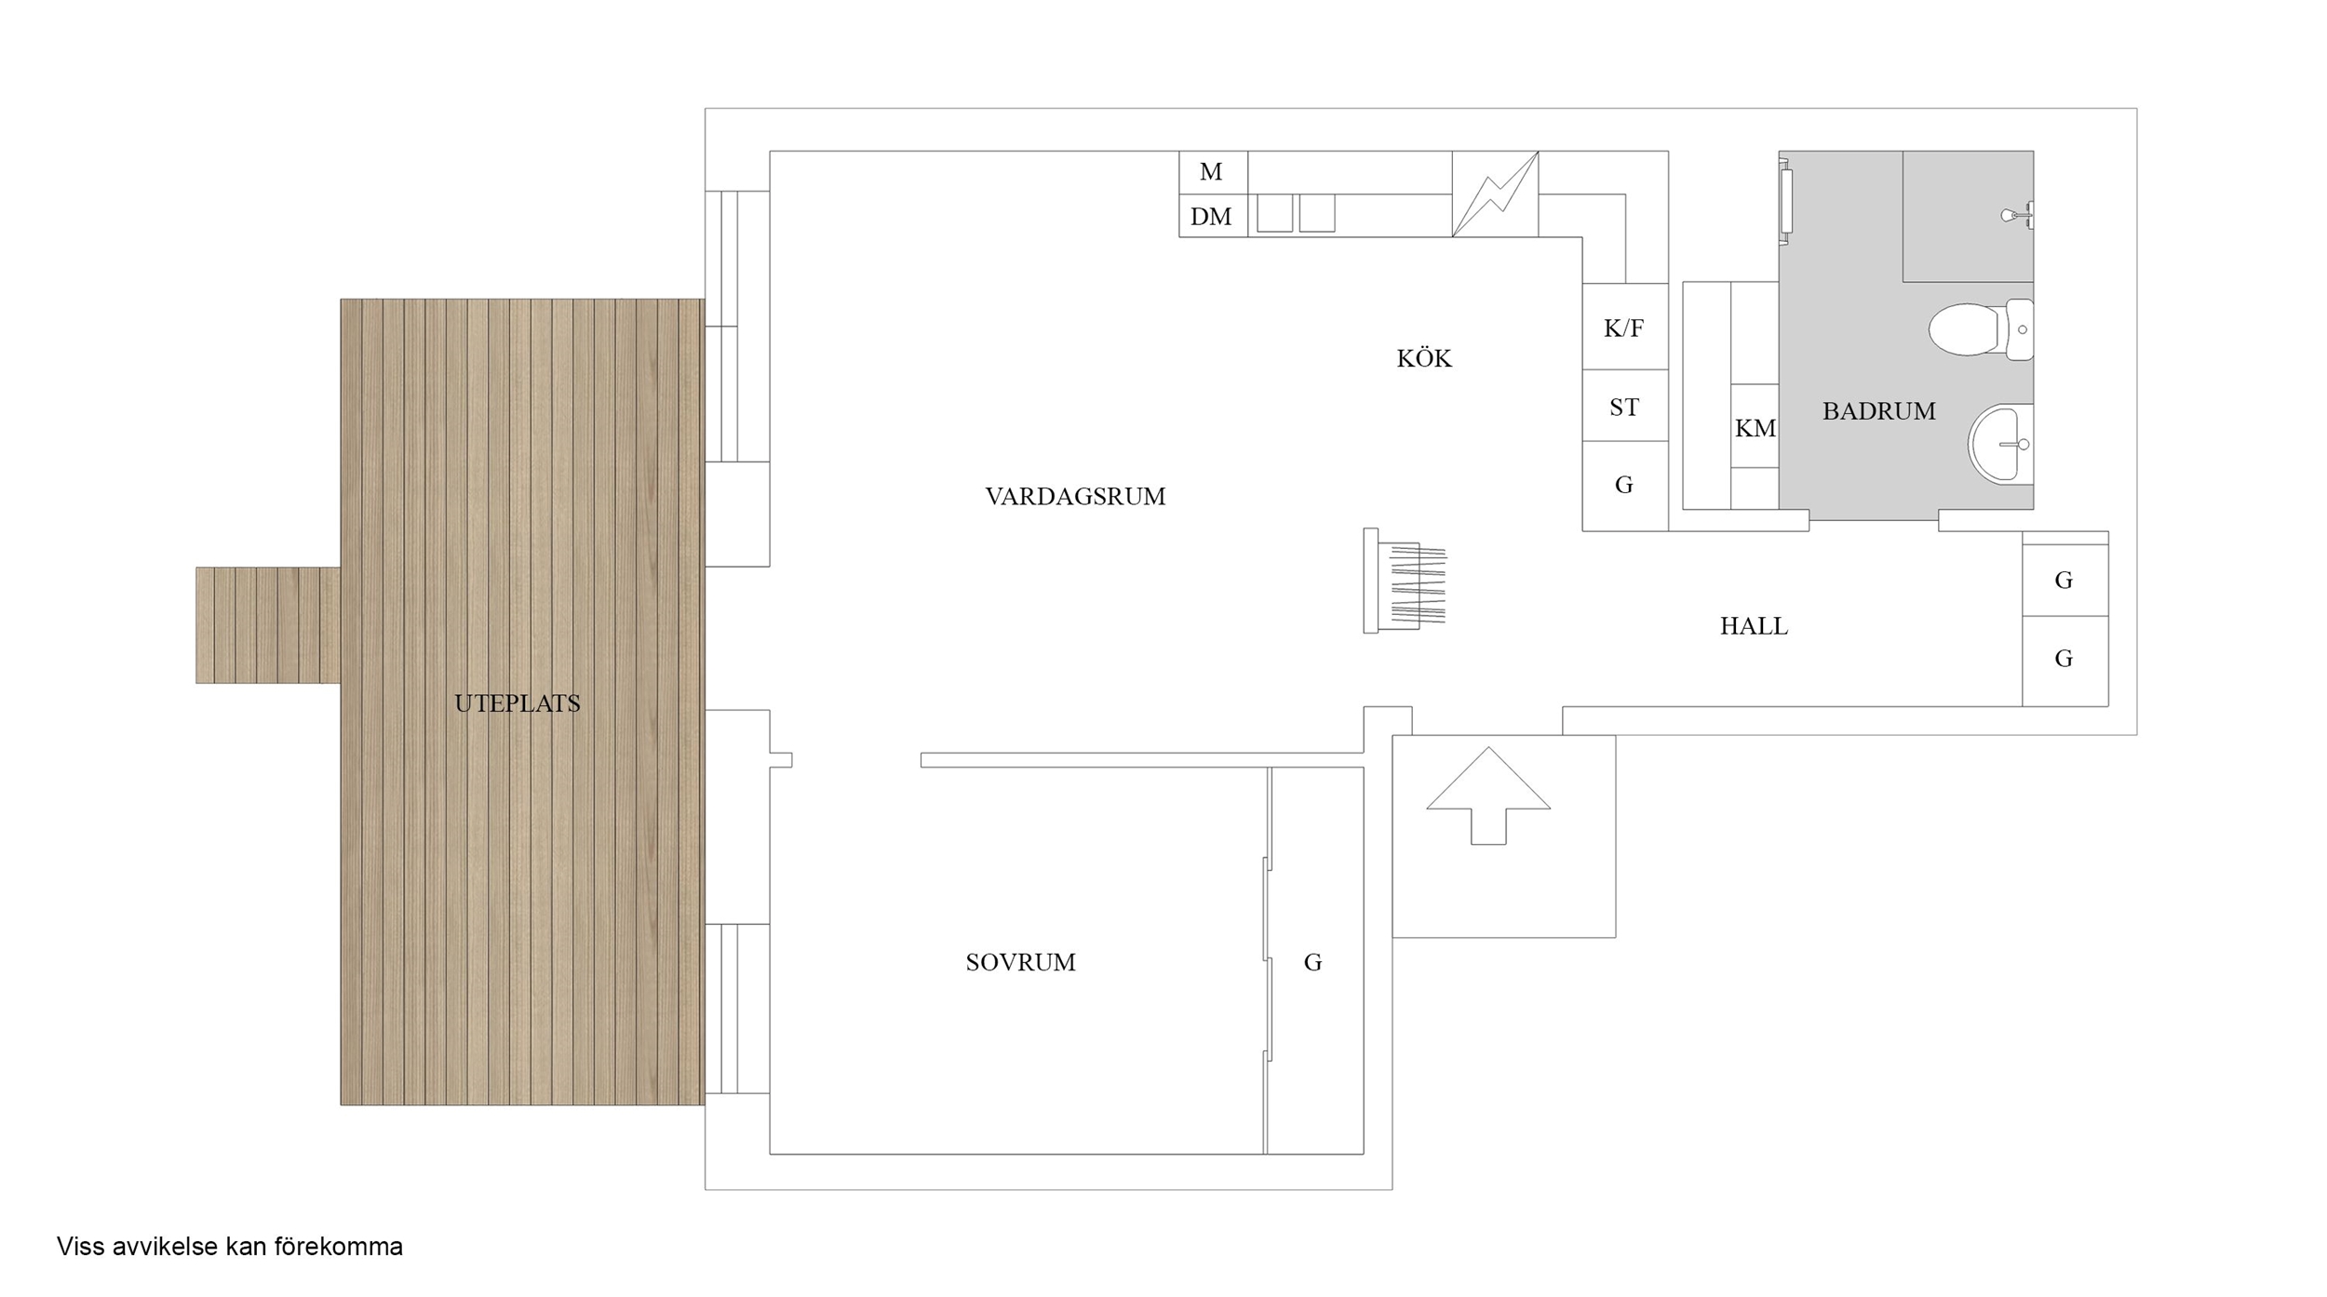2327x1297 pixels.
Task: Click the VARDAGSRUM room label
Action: (x=1075, y=497)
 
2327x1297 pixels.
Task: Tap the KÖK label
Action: (x=1424, y=358)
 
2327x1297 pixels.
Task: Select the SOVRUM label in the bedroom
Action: (x=1020, y=962)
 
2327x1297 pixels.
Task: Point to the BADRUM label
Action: (x=1878, y=411)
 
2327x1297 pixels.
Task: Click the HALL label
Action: (x=1754, y=626)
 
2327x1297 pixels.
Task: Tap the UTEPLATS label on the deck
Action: (x=517, y=703)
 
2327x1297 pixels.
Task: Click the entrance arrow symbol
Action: (x=1488, y=796)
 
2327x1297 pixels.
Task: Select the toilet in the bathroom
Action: (x=1981, y=329)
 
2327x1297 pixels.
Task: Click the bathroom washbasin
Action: (x=2000, y=444)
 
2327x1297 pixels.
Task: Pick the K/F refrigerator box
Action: (x=1625, y=327)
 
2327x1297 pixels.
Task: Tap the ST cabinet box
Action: (x=1625, y=406)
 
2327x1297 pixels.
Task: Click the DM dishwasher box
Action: (x=1213, y=216)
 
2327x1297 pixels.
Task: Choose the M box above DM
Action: (x=1213, y=172)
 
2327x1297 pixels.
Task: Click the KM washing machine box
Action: (x=1755, y=426)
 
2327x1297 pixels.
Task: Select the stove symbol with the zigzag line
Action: (x=1495, y=194)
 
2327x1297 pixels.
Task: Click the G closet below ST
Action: (x=1625, y=486)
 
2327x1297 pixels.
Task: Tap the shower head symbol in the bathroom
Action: (x=2017, y=216)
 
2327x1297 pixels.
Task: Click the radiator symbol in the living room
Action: (x=1405, y=581)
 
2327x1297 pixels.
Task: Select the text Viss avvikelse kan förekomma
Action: (x=230, y=1247)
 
